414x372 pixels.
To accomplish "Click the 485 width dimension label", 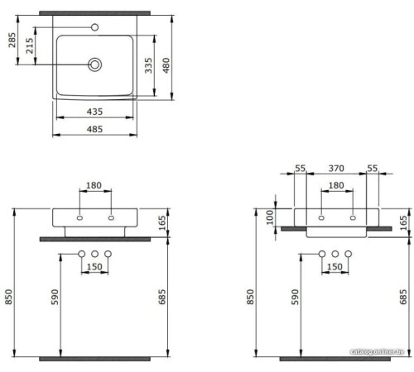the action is (94, 129).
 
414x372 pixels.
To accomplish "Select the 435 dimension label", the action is (94, 112).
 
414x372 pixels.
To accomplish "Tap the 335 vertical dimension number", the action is (148, 65).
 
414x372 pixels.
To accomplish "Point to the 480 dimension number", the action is (166, 65).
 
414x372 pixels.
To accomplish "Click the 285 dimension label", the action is (12, 40).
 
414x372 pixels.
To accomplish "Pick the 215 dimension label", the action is (30, 45).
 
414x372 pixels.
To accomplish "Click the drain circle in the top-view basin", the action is (95, 64).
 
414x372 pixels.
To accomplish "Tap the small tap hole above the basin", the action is (95, 27).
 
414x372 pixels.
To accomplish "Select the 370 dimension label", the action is (336, 168).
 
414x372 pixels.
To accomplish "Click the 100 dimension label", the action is (271, 217).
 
